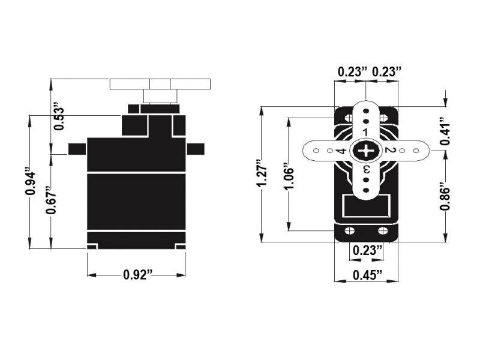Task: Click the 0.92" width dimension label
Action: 137,275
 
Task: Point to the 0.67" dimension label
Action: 53,202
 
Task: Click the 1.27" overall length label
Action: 260,174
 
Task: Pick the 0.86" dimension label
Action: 445,196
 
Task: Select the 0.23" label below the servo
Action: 365,250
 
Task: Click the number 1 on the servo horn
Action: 365,131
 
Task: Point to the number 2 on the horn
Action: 388,150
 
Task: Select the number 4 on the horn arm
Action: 341,151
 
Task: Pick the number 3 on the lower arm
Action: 365,170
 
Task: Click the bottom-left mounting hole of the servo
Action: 350,231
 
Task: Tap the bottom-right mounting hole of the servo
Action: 381,231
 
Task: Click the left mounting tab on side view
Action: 77,149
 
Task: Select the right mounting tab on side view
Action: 195,149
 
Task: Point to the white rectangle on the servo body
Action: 365,208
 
